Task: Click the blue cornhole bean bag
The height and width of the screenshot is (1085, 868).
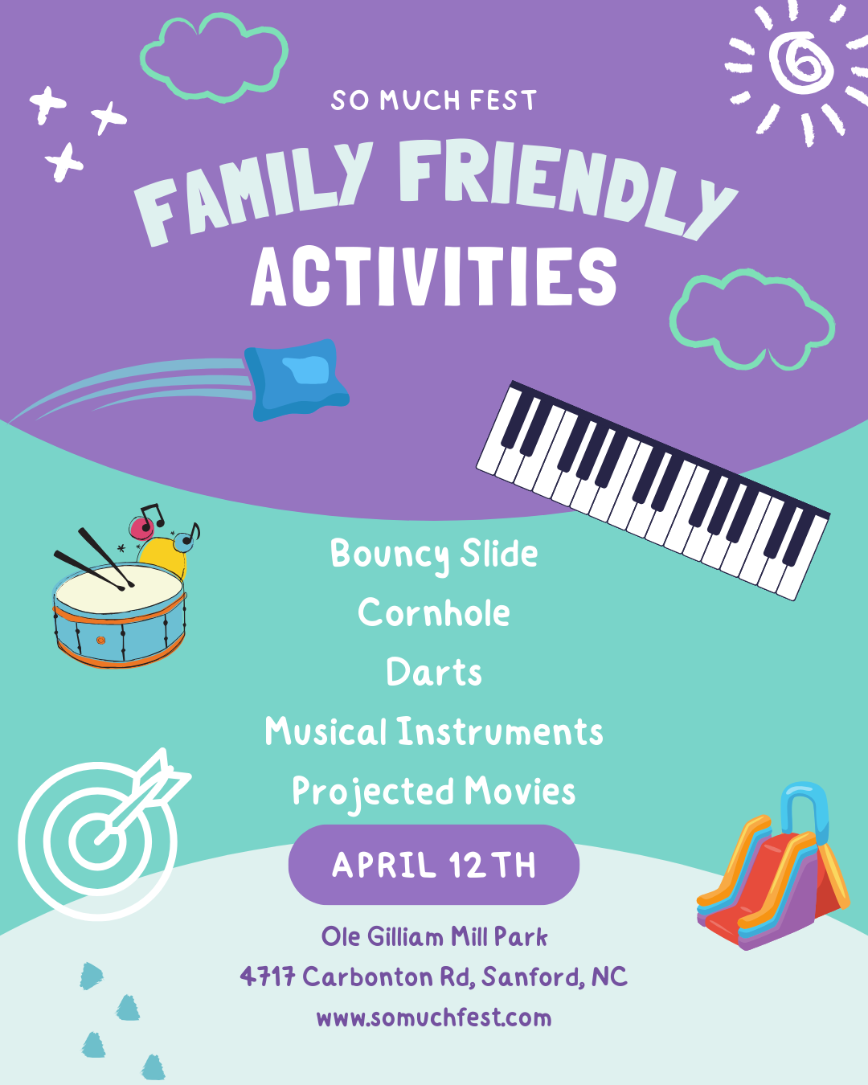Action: pos(297,380)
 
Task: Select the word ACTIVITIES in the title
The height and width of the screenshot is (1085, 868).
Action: pos(434,276)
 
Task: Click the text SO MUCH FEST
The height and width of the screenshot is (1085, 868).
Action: pos(434,100)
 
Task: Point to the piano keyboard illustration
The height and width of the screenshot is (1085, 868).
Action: pos(653,490)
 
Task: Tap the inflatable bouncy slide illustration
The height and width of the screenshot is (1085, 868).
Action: pos(773,866)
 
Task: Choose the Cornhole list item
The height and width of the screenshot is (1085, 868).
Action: pos(434,612)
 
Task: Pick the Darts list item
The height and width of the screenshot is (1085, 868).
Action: pos(434,672)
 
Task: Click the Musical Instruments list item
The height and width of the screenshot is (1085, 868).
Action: pos(434,731)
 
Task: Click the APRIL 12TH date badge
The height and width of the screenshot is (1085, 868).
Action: pos(434,865)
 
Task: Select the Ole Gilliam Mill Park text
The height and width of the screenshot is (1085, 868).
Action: pos(434,937)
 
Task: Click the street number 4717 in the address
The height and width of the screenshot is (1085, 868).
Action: pos(268,976)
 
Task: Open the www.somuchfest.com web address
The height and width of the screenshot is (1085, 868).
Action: pos(434,1017)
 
